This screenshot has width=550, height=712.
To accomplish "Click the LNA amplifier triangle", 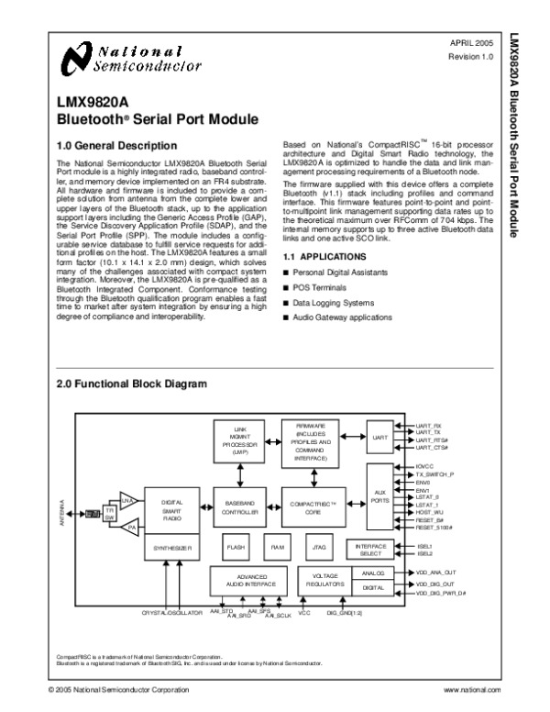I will coord(127,499).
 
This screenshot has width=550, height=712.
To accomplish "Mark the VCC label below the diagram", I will coord(305,611).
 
